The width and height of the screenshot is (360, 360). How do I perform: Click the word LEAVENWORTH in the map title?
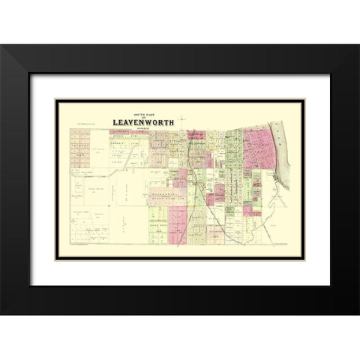142,118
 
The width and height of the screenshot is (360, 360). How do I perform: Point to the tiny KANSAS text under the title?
142,124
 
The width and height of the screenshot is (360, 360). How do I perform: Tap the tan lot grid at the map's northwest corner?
79,139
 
